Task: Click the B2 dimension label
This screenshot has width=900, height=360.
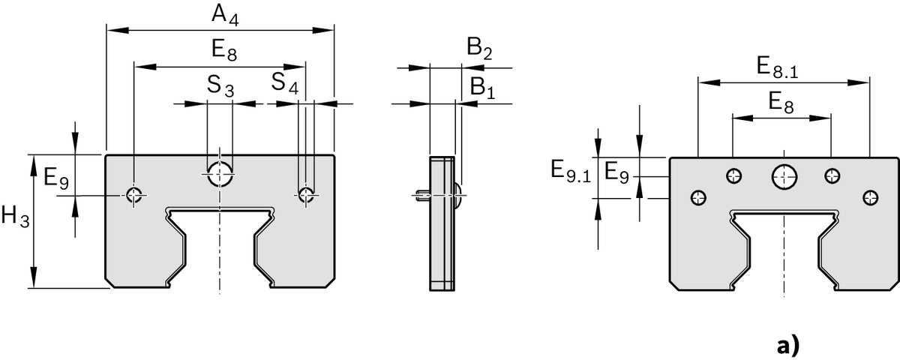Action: (479, 50)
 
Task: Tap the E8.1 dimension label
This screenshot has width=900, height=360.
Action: (777, 67)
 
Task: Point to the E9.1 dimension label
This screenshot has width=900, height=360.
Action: (570, 170)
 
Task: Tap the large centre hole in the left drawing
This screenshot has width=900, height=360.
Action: (220, 172)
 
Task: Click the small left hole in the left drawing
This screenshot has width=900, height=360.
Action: (134, 195)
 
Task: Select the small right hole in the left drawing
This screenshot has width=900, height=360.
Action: (305, 195)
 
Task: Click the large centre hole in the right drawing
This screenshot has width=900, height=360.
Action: (784, 176)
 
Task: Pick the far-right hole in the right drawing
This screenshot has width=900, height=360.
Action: (869, 197)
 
